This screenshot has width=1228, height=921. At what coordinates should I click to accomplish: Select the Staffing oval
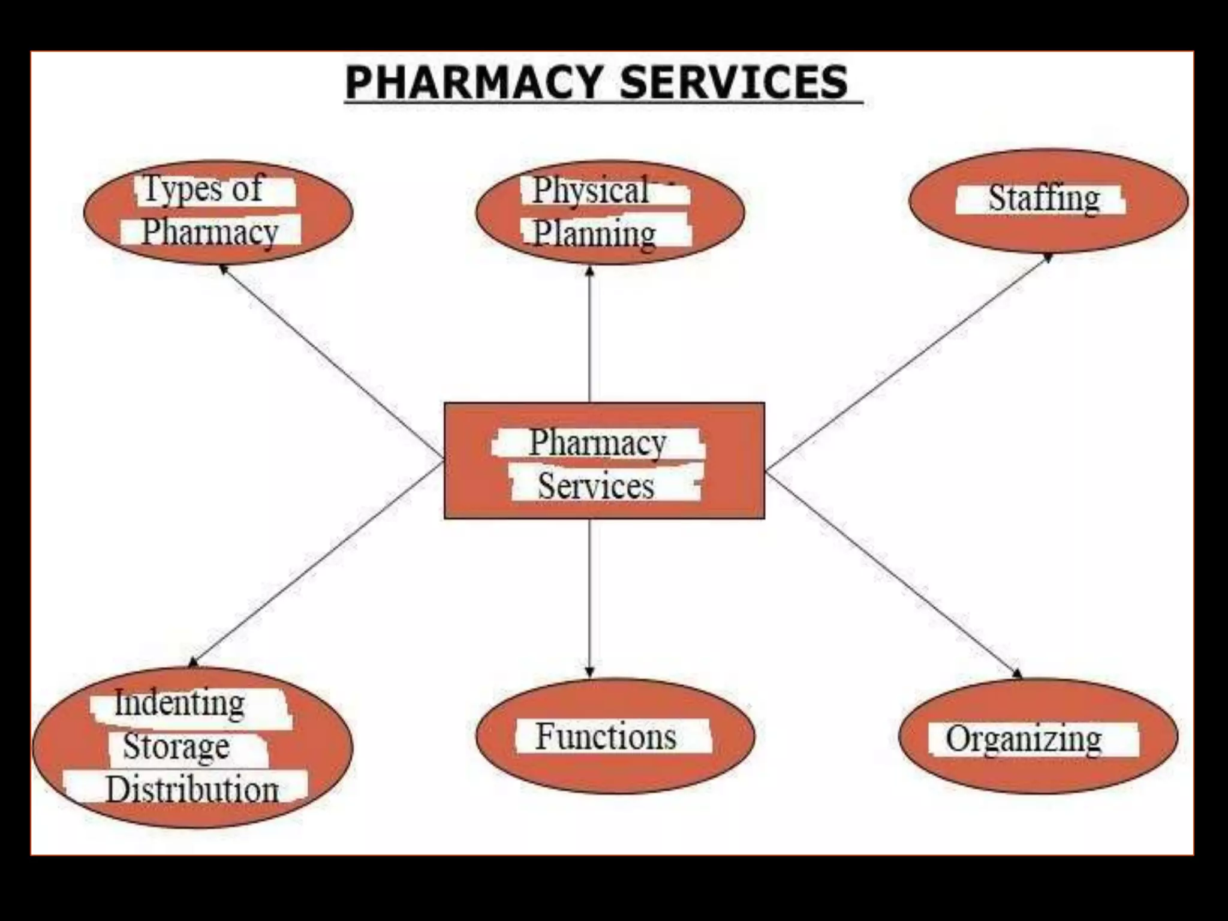click(1048, 200)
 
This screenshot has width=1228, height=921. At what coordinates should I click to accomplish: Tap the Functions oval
click(615, 736)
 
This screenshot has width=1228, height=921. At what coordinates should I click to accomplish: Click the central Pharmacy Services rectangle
click(604, 460)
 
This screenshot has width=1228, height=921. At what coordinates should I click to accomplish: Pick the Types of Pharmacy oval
click(218, 212)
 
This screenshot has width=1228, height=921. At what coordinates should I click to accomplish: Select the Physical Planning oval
click(610, 212)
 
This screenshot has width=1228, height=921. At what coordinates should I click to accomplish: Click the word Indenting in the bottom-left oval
click(179, 703)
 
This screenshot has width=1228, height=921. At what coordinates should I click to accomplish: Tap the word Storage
click(176, 747)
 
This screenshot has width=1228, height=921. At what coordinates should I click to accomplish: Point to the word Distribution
click(192, 790)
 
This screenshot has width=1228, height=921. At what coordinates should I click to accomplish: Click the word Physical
click(591, 191)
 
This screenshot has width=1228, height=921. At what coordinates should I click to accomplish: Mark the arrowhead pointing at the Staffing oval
click(1048, 257)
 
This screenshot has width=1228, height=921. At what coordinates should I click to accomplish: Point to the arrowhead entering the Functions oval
click(589, 672)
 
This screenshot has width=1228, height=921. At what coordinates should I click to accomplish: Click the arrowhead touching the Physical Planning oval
click(589, 271)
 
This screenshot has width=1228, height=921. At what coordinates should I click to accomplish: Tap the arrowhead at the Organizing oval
click(1017, 673)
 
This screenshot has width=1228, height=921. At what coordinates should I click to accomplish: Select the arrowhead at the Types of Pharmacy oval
click(224, 269)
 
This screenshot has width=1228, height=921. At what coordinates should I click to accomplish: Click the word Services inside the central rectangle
click(596, 486)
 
